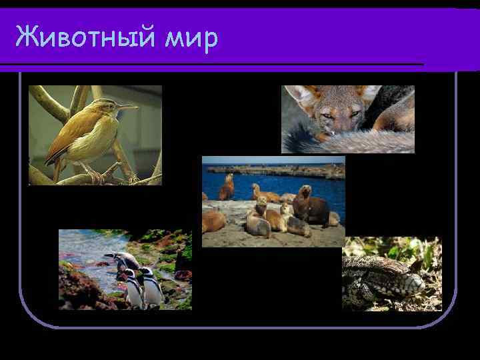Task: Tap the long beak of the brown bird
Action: [x=128, y=106]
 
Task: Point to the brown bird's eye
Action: [x=110, y=104]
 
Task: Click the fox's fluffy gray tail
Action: [x=347, y=141]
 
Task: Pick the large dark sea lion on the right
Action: [x=312, y=206]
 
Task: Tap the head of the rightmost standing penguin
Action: [x=145, y=271]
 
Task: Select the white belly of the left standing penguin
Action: [x=134, y=293]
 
